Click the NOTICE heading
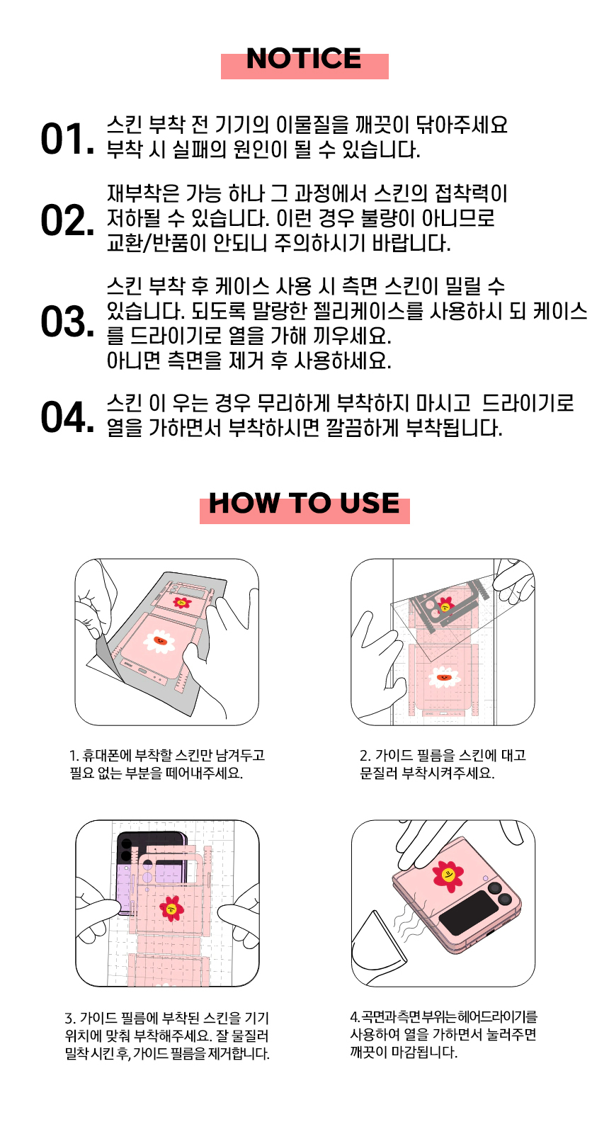point(304,59)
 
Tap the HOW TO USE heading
point(304,503)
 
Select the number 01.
point(67,139)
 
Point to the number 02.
point(67,221)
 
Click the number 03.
point(67,322)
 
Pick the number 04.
point(67,416)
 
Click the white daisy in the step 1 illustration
point(159,642)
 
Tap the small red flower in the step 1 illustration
point(182,602)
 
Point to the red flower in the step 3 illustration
point(172,908)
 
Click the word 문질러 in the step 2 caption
point(378,773)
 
